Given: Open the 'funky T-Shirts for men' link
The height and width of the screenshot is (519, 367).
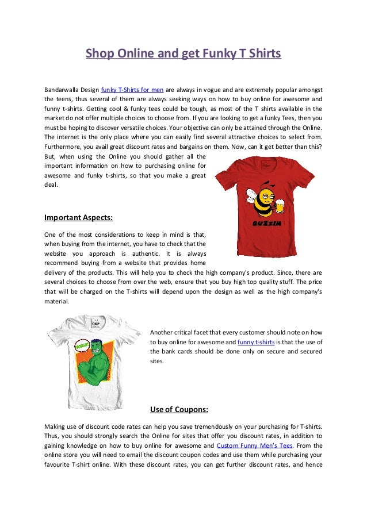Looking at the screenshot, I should (132, 90).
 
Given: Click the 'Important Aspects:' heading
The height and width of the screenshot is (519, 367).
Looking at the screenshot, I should (78, 218).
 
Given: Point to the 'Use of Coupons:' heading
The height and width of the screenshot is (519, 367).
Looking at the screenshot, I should (179, 410).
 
